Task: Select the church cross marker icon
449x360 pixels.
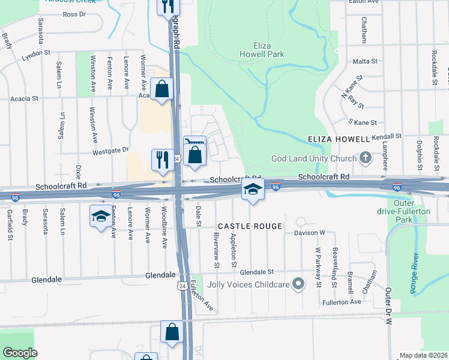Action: tap(365, 158)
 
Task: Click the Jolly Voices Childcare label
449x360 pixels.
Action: tap(249, 284)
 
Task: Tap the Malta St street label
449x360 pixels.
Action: tap(365, 61)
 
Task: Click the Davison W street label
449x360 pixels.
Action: tap(309, 232)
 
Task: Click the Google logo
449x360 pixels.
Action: tap(20, 353)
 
